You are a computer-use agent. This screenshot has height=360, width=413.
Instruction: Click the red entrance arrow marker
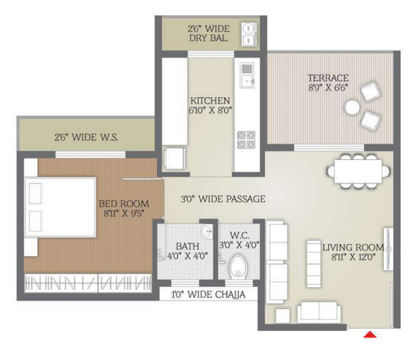(x=371, y=335)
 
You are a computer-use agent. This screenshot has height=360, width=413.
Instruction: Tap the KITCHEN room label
(x=210, y=101)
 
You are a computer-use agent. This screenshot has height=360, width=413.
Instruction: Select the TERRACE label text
(x=328, y=78)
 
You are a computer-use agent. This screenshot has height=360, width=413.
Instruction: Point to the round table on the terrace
(x=352, y=107)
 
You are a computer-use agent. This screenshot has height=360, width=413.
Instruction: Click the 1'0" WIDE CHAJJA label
(x=203, y=294)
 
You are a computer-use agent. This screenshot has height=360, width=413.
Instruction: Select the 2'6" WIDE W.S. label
(x=86, y=137)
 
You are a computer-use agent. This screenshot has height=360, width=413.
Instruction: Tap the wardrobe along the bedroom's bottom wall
(x=89, y=281)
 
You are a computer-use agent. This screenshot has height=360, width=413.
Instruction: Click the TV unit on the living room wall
(x=388, y=249)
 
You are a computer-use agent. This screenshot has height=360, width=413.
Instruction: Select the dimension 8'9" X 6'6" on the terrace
(x=328, y=88)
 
